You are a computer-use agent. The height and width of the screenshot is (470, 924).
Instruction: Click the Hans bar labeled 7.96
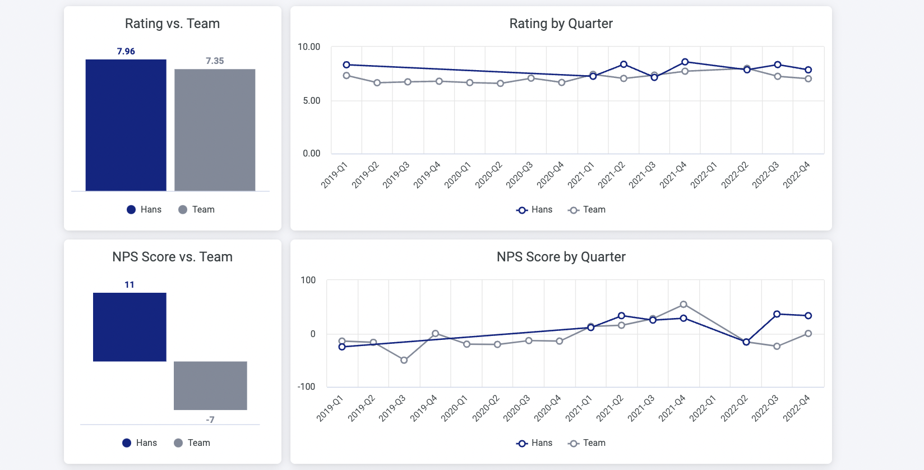coord(126,125)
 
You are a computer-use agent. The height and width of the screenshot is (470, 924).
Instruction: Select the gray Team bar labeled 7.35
coord(215,130)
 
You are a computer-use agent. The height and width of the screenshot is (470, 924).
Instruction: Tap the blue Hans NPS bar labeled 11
coord(130,326)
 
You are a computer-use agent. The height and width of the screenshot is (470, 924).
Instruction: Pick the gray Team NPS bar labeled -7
coord(210,385)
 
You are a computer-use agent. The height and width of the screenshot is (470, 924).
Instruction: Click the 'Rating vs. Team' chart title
coord(172,24)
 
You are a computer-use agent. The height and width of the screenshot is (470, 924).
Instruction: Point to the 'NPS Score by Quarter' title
coord(561,257)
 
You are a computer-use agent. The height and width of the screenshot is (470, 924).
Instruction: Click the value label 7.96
coord(126,51)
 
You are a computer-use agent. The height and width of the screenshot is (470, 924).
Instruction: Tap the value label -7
coord(210,420)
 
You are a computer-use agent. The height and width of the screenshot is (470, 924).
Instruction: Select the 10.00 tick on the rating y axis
coord(309,47)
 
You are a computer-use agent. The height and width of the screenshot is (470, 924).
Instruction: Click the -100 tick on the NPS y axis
coord(307,387)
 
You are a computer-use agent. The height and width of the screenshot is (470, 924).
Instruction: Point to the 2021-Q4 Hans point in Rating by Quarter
coord(685,62)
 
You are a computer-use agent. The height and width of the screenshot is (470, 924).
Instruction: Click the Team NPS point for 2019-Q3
coord(404,360)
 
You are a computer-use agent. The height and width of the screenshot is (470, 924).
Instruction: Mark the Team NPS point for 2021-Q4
coord(683,305)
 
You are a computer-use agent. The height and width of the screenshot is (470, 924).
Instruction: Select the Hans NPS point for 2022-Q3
coord(777,314)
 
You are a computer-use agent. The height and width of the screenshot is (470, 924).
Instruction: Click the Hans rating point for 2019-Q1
coord(346,65)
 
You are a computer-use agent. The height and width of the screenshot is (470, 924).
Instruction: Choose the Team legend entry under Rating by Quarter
coord(587,210)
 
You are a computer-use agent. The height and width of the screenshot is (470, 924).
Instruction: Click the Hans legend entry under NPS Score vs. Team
coord(140,443)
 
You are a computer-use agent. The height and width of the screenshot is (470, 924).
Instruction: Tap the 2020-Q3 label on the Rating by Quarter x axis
coord(519,175)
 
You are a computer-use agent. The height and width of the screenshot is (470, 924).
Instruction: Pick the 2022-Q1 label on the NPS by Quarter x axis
coord(703,408)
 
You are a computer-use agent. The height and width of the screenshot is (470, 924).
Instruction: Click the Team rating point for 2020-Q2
coord(500,84)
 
